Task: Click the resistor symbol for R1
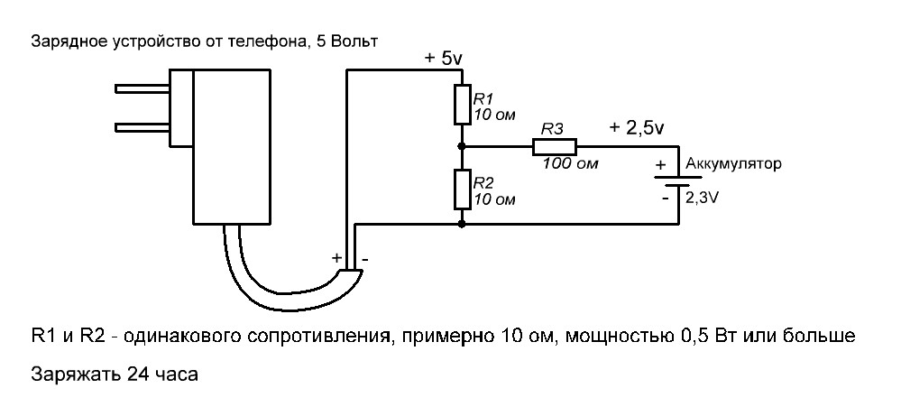point(462,104)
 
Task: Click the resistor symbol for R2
point(462,190)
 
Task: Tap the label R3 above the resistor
point(552,129)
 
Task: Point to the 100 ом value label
point(570,164)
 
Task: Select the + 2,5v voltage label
point(637,128)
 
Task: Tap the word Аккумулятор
point(733,164)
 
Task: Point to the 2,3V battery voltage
point(703,199)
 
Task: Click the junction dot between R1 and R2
point(462,146)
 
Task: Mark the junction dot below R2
point(462,225)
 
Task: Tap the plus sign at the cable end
point(337,258)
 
